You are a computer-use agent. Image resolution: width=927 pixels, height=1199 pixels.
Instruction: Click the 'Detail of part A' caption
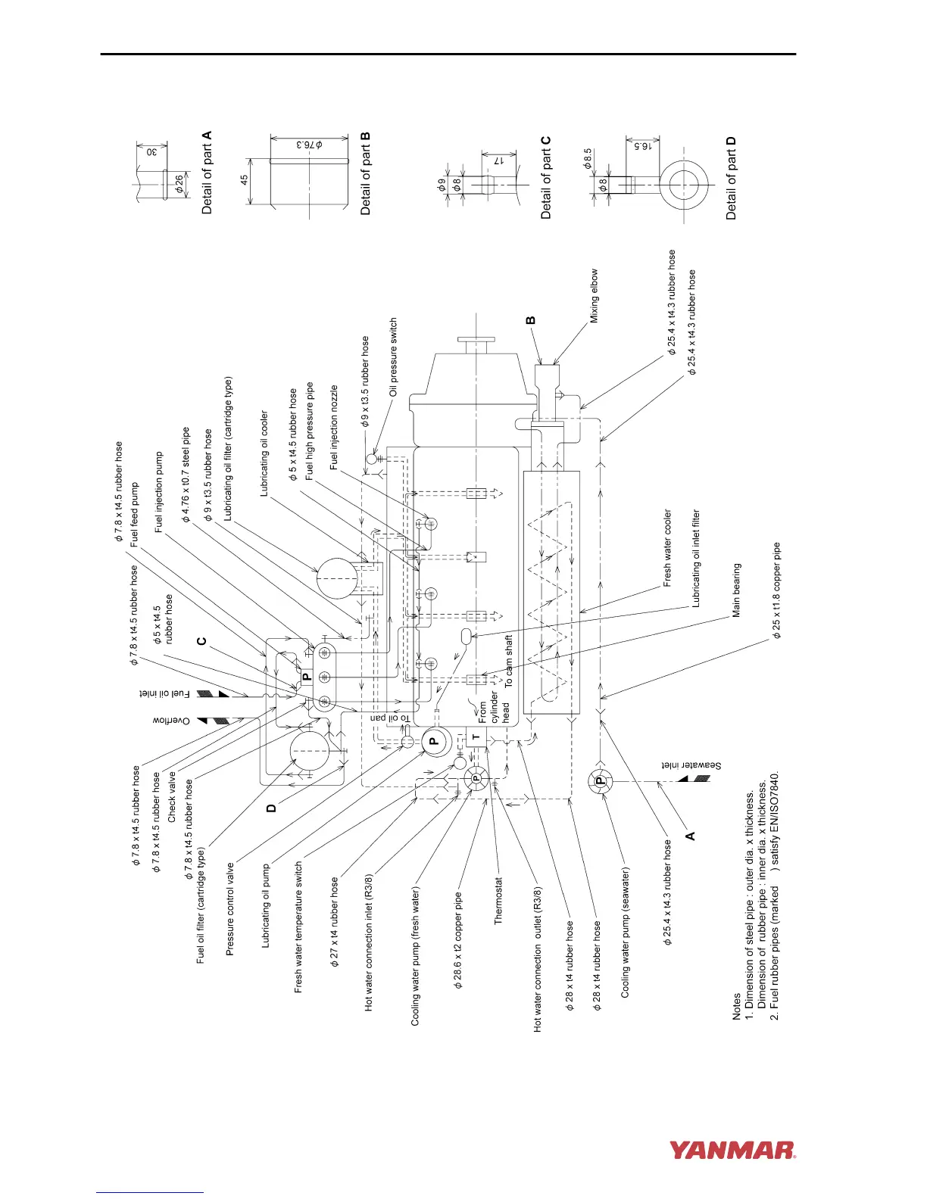click(207, 173)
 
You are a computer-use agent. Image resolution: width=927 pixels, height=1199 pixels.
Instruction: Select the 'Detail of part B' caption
click(366, 173)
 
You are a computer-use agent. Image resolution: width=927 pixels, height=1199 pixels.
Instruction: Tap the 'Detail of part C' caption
click(546, 178)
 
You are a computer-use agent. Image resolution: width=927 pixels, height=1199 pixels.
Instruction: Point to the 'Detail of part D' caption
click(731, 179)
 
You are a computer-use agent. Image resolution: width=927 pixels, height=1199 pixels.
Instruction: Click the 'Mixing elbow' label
click(595, 296)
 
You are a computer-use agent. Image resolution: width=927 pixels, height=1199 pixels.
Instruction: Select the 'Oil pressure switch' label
click(393, 357)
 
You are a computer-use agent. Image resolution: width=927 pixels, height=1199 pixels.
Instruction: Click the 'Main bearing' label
click(736, 590)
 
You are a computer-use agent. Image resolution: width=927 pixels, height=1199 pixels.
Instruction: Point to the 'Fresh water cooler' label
click(667, 547)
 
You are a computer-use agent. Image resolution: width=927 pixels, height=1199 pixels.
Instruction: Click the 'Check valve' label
click(172, 797)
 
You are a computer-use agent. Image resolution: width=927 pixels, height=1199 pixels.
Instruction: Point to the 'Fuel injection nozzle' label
click(334, 428)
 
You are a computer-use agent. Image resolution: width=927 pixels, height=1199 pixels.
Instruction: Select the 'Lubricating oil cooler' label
click(264, 453)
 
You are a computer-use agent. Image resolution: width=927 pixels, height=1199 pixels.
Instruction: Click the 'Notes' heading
click(736, 1007)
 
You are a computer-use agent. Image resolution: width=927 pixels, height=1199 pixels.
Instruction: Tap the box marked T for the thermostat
click(476, 737)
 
